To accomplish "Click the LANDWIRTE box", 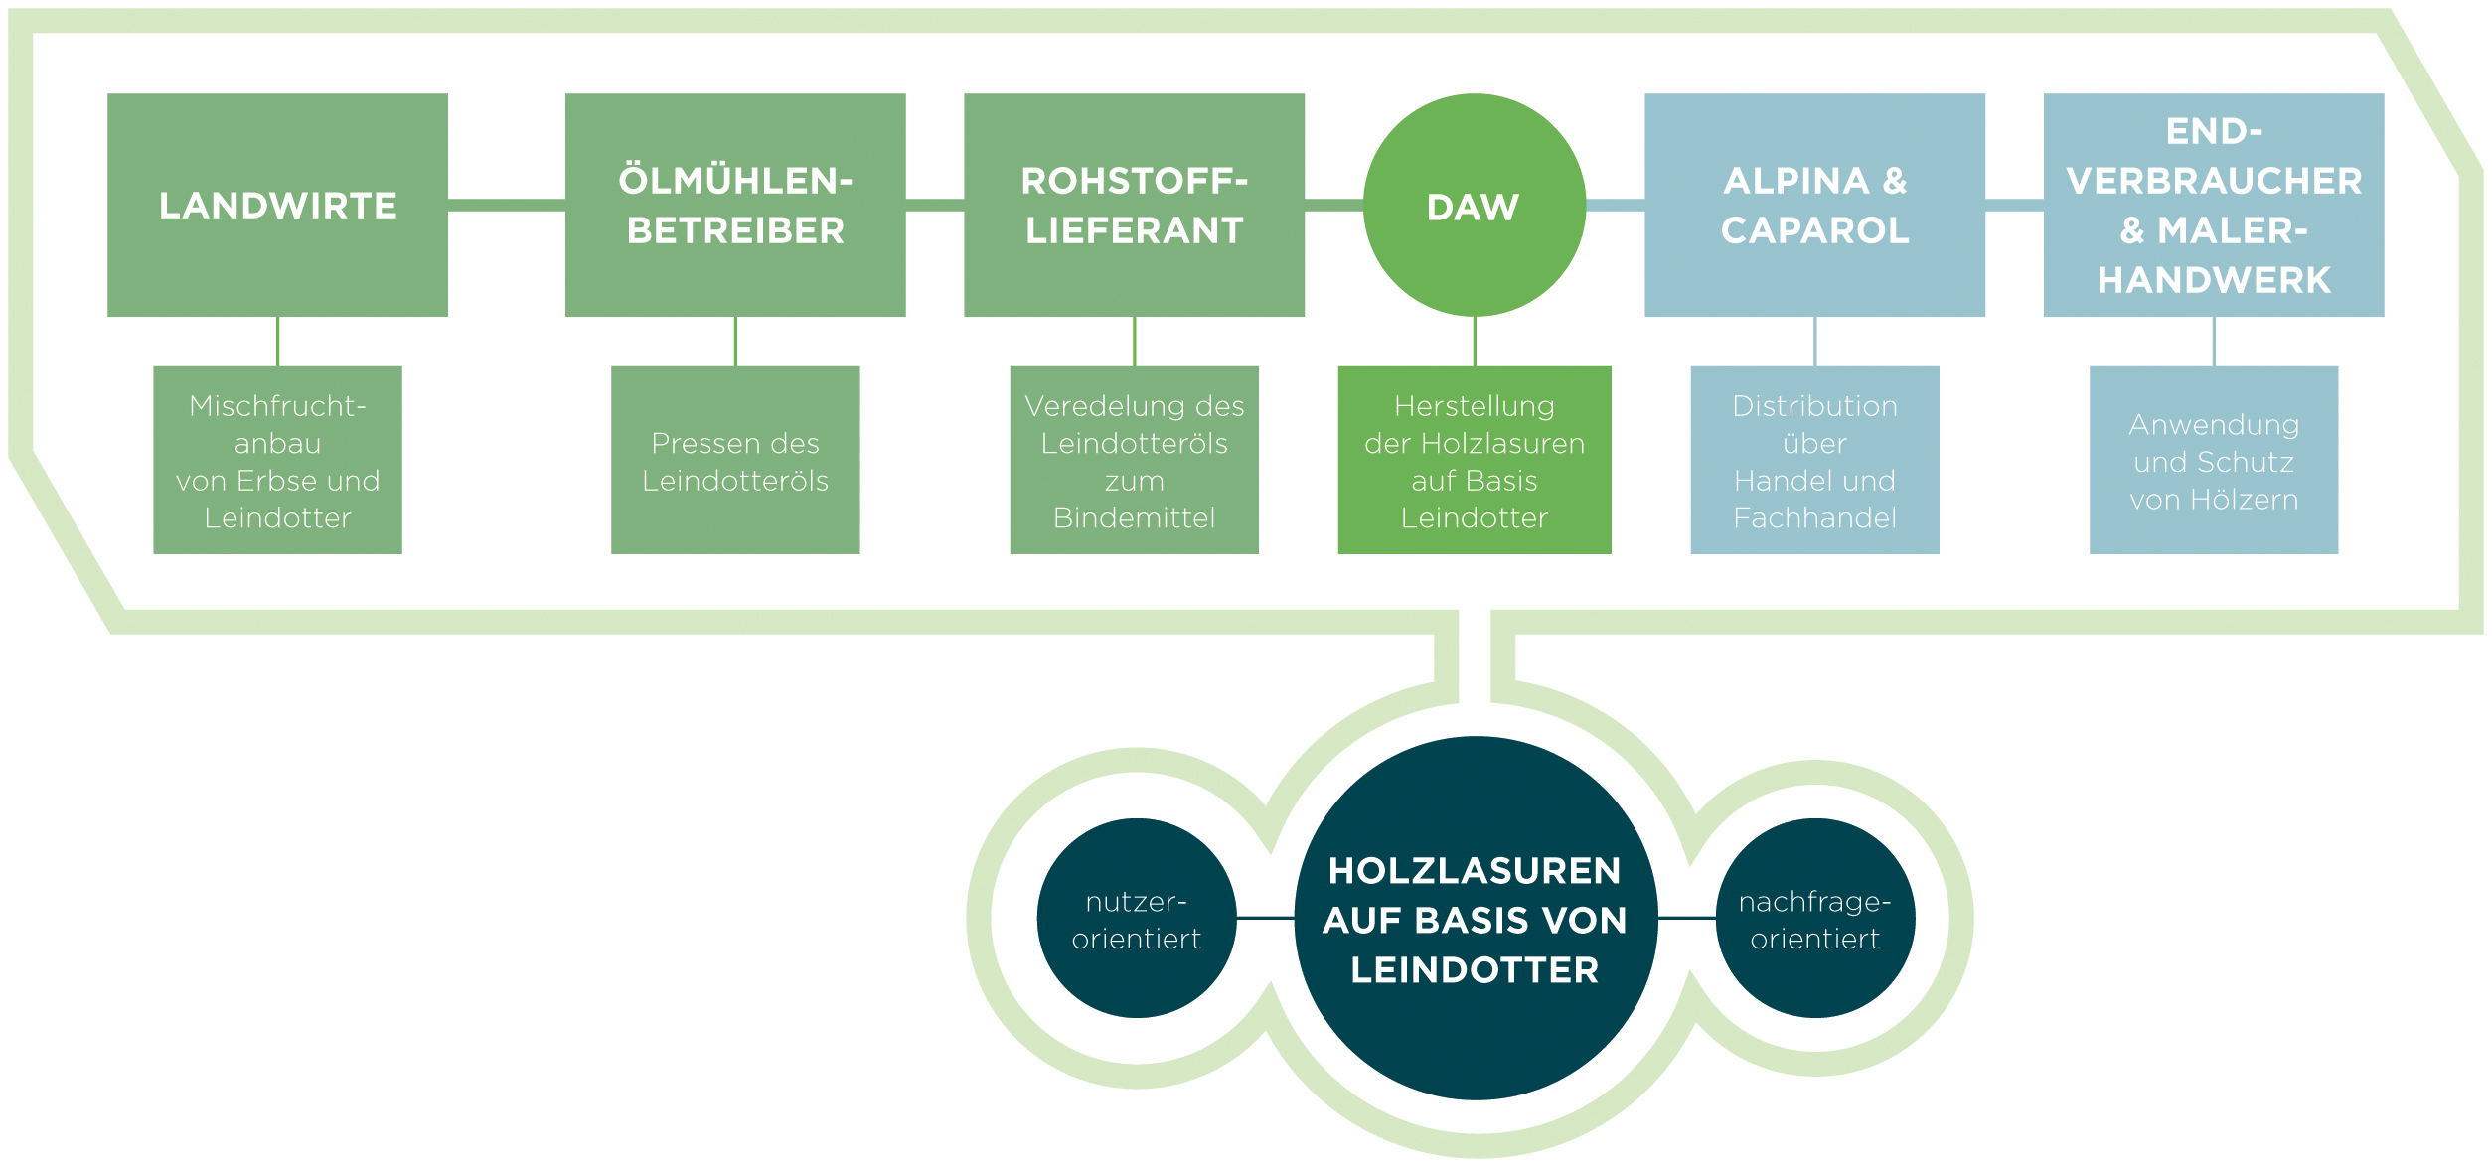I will coord(277,205).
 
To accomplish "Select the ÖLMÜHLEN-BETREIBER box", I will coord(735,205).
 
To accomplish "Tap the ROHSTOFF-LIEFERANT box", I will coord(1134,205).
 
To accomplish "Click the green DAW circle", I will coord(1475,205).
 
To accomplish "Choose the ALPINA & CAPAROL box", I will coord(1814,205).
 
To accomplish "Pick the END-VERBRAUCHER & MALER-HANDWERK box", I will coord(2214,205).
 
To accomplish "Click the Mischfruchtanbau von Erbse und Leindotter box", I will coord(277,460).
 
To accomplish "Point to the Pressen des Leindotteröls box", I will coord(735,460).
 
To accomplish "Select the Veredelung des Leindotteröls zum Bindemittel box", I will coord(1134,460).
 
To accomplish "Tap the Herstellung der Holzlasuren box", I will coord(1475,460).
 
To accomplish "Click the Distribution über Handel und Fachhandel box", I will coord(1814,460).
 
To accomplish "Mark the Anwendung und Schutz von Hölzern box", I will coord(2214,460).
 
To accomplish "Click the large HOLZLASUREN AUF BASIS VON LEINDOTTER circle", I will coord(1476,919).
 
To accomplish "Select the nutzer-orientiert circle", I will coord(1137,919).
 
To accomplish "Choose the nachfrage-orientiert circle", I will coord(1815,919).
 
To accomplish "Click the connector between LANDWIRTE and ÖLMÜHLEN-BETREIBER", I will coord(507,205).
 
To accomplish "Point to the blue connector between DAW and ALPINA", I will coord(1616,205).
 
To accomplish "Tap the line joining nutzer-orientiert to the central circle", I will coord(1266,918).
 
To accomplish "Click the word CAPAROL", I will coord(1814,230).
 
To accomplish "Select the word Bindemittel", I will coord(1134,517).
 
